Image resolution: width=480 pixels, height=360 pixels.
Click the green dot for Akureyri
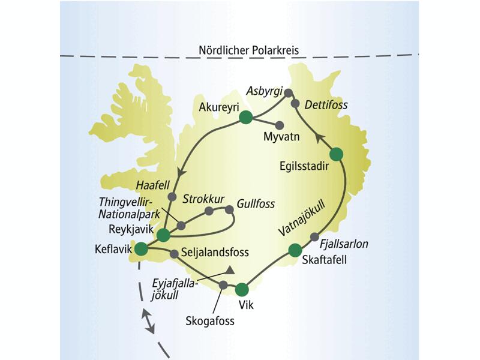[245, 118]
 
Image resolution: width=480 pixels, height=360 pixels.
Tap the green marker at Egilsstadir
[336, 154]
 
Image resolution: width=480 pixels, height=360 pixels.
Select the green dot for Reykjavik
[163, 235]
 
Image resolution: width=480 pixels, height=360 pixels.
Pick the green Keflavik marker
[141, 248]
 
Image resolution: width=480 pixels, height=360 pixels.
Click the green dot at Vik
[242, 290]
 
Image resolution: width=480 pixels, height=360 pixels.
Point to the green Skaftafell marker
[295, 250]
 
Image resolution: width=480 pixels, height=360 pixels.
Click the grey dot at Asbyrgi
[288, 93]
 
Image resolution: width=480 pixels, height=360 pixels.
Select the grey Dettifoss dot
[295, 104]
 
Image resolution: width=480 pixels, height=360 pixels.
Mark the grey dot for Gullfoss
[229, 209]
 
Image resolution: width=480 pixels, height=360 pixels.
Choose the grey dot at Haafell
[172, 196]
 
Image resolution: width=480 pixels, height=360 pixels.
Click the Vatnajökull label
[302, 220]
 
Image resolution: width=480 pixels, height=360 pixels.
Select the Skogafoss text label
[209, 320]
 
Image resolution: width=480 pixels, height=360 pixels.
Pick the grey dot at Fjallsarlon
[314, 237]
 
